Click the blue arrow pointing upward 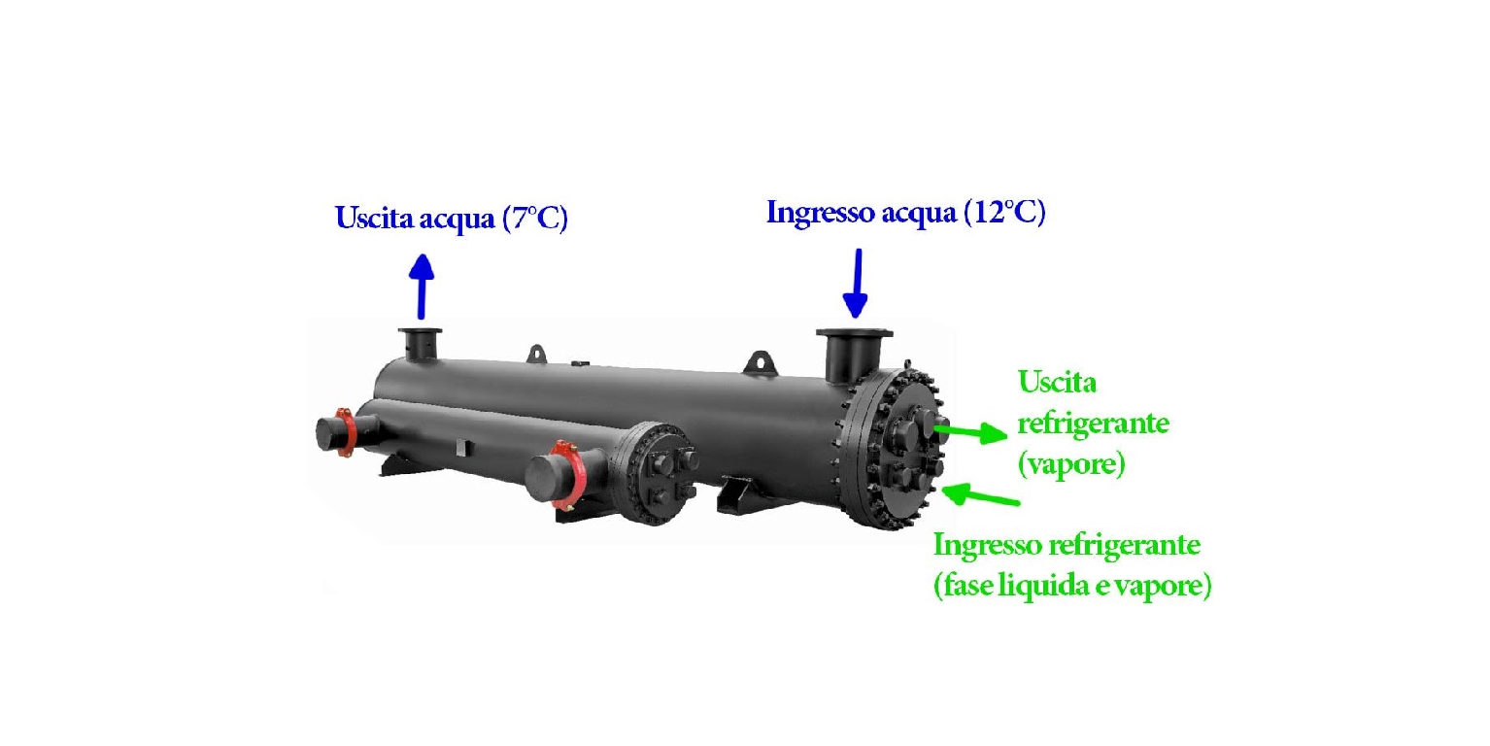[422, 287]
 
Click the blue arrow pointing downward [856, 284]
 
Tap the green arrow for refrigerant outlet [970, 432]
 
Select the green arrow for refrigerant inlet [981, 494]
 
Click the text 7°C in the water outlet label [535, 218]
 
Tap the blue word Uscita [375, 218]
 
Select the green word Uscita [1057, 382]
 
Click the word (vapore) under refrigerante [1071, 464]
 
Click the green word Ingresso [988, 546]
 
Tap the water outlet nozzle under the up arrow [420, 344]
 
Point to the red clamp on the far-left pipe [345, 432]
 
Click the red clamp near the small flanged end [567, 474]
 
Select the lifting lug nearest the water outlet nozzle [536, 354]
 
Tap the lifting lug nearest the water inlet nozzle [761, 363]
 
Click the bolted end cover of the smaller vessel [657, 473]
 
